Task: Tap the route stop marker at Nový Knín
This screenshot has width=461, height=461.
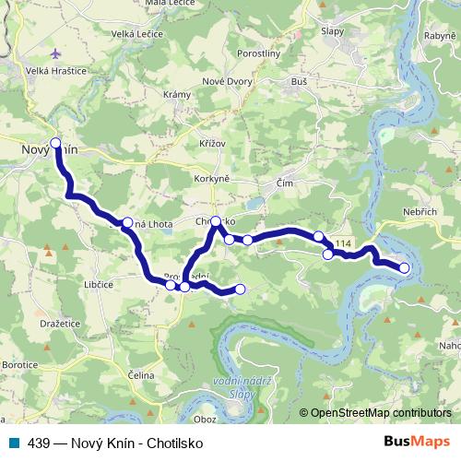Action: [55, 143]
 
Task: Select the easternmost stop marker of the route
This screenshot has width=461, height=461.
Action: [404, 267]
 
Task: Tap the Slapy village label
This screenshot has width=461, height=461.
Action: [333, 30]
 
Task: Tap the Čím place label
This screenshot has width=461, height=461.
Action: [286, 183]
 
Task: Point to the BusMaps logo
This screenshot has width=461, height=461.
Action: [418, 442]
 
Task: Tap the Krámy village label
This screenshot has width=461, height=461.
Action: [176, 96]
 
